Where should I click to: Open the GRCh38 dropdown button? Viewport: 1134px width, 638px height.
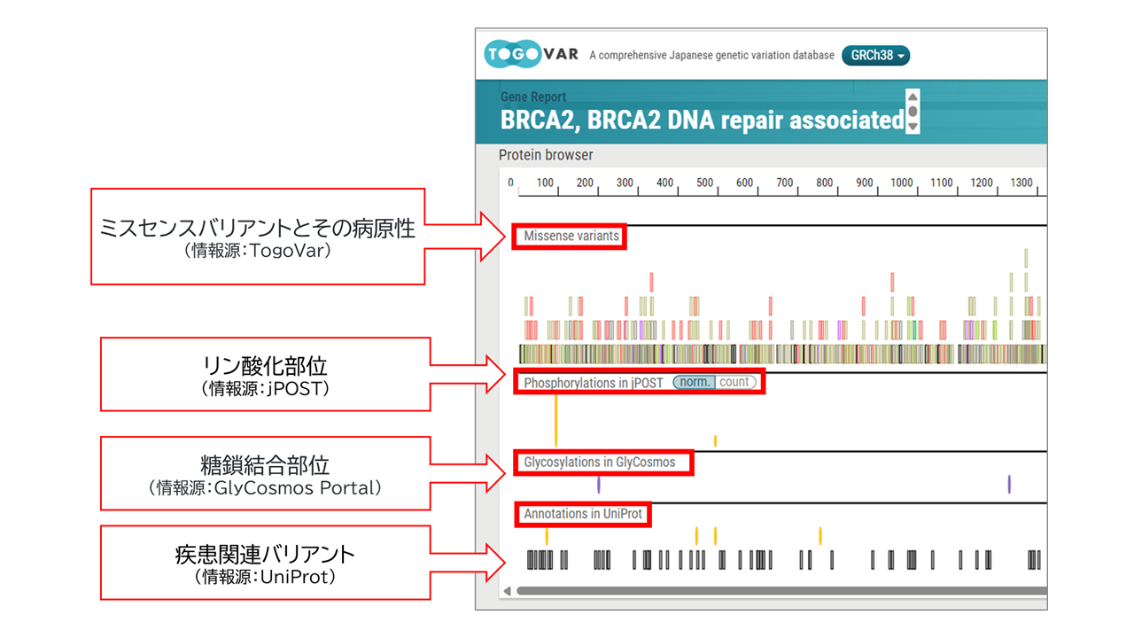tap(875, 56)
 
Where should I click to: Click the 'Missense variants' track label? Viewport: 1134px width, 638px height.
tap(571, 237)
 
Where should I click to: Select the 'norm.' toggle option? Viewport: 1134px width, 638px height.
tap(694, 383)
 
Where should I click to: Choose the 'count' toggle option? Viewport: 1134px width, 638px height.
tap(734, 383)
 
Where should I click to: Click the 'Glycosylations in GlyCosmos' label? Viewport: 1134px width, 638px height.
tap(599, 463)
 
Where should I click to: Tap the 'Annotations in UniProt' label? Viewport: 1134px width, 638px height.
tap(582, 514)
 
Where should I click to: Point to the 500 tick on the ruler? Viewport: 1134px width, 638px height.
tap(704, 183)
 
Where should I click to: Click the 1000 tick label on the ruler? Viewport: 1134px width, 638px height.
tap(902, 183)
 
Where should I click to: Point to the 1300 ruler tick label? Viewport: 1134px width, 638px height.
tap(1021, 183)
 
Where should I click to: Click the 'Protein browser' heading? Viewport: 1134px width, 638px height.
tap(546, 155)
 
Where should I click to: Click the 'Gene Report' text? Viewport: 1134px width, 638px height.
tap(533, 97)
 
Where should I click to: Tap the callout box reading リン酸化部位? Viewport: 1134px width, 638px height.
tap(265, 373)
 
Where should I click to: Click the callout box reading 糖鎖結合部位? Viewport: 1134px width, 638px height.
tap(265, 472)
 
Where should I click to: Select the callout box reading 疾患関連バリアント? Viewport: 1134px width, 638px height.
tap(265, 562)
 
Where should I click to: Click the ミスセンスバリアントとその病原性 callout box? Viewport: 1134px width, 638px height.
tap(258, 236)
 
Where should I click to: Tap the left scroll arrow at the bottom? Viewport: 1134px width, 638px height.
tap(508, 591)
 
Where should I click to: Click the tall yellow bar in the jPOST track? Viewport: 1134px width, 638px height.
tap(555, 419)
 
